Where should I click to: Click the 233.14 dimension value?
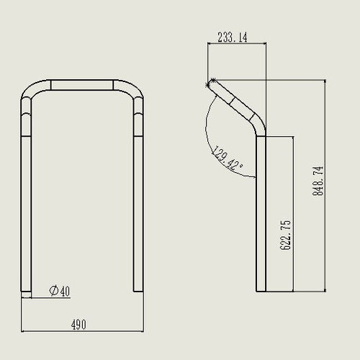point(233,37)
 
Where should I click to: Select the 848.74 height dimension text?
point(318,181)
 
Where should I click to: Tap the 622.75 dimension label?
point(286,235)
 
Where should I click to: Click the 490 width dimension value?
point(78,325)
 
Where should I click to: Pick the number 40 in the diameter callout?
point(65,291)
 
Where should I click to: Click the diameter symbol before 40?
point(54,291)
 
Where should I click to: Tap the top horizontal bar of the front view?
point(82,85)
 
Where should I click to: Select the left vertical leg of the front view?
point(26,214)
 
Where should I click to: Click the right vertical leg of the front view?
point(138,214)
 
